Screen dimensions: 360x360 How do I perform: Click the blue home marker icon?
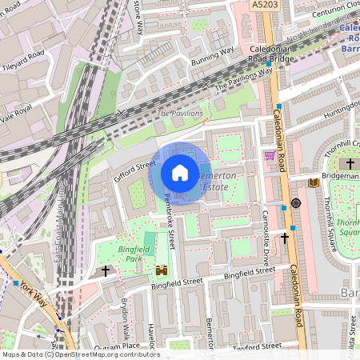point(180,173)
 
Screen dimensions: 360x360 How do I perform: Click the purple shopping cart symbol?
point(270,155)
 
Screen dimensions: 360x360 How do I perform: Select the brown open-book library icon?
point(314,183)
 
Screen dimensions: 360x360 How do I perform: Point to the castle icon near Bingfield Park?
point(162,270)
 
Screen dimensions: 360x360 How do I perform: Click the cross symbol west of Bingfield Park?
point(106,271)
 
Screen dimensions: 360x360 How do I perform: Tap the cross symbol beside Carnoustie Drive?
point(285,238)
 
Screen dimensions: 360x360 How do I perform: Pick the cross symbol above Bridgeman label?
point(350,163)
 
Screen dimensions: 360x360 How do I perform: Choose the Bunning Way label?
point(213,53)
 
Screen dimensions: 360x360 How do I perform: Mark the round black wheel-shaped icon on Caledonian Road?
point(295,203)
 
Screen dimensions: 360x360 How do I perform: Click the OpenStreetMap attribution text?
point(80,354)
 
